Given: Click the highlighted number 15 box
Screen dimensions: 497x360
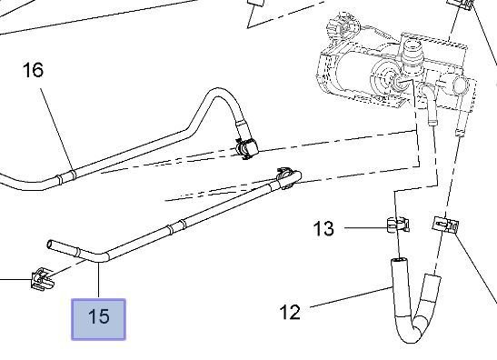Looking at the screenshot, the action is (x=98, y=319).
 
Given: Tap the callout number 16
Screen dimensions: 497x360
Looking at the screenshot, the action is (x=33, y=70).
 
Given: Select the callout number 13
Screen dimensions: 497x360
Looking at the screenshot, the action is (x=323, y=228).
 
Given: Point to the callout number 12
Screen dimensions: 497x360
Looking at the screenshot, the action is (x=290, y=312).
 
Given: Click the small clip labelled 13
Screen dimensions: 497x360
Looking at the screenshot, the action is (x=398, y=224).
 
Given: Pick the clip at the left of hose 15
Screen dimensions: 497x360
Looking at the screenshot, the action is (x=42, y=279).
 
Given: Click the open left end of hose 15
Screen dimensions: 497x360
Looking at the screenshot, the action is (x=50, y=245).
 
